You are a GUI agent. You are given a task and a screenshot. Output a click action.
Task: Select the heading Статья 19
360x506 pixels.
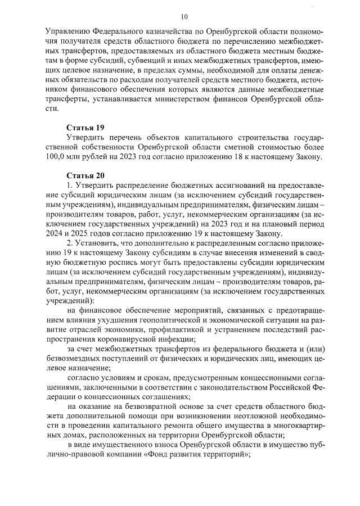[84, 128]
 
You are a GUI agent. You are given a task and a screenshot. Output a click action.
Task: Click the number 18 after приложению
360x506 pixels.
[249, 157]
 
